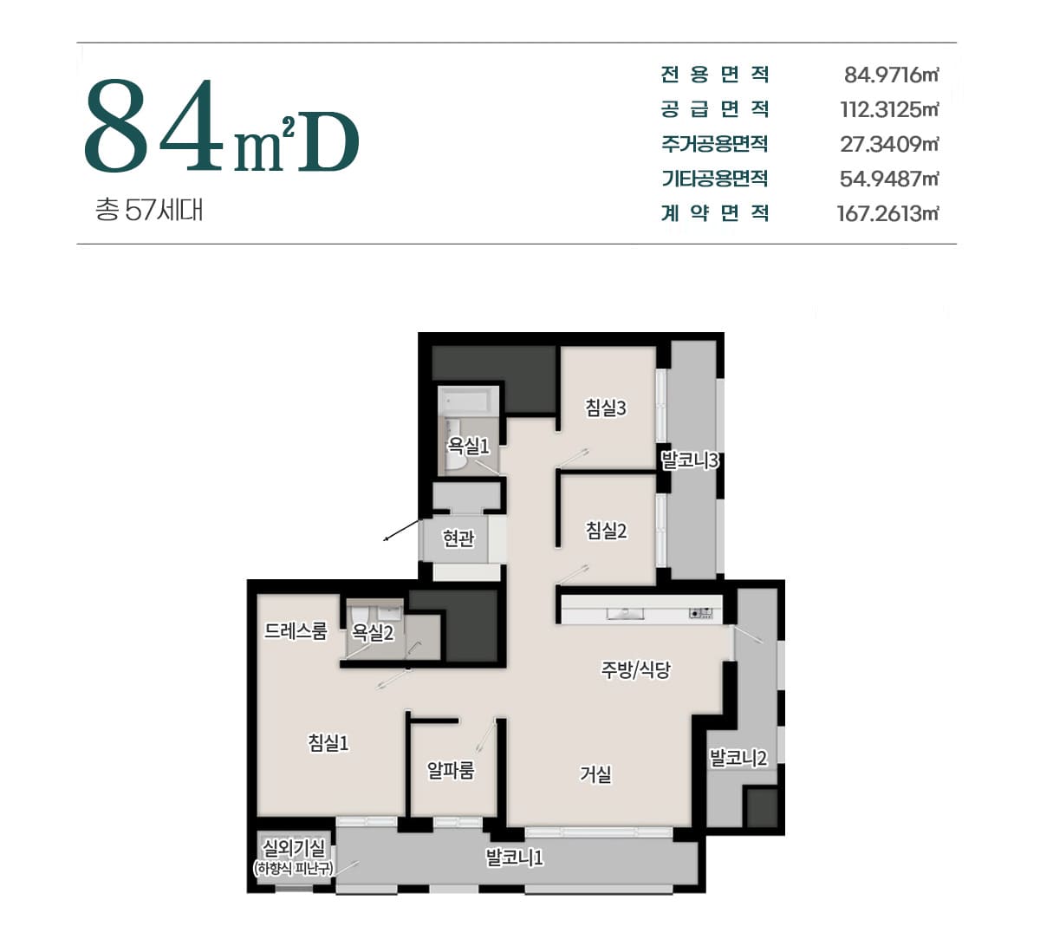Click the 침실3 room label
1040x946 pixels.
[x=606, y=408]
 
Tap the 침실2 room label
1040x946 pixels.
[x=606, y=530]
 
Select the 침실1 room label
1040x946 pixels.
[x=328, y=742]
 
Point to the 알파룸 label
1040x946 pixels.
[x=451, y=770]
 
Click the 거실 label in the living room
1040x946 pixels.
[x=595, y=774]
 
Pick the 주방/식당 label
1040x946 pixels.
[x=635, y=669]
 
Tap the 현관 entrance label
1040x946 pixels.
[x=458, y=538]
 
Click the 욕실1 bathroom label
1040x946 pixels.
[x=468, y=445]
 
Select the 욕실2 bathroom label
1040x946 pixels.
[x=373, y=632]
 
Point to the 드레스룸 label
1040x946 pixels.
[x=296, y=631]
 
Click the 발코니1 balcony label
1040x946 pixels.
[x=514, y=858]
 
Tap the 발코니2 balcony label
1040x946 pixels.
[x=738, y=758]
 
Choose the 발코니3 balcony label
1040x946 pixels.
[x=690, y=460]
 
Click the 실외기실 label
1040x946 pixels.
[x=294, y=848]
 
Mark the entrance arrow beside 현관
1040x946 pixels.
[x=402, y=530]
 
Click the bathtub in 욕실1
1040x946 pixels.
[x=467, y=401]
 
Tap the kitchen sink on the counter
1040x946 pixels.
[x=626, y=614]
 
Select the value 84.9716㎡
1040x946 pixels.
[x=891, y=75]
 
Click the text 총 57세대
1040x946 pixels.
[x=149, y=210]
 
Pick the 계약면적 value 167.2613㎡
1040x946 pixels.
[x=887, y=213]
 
